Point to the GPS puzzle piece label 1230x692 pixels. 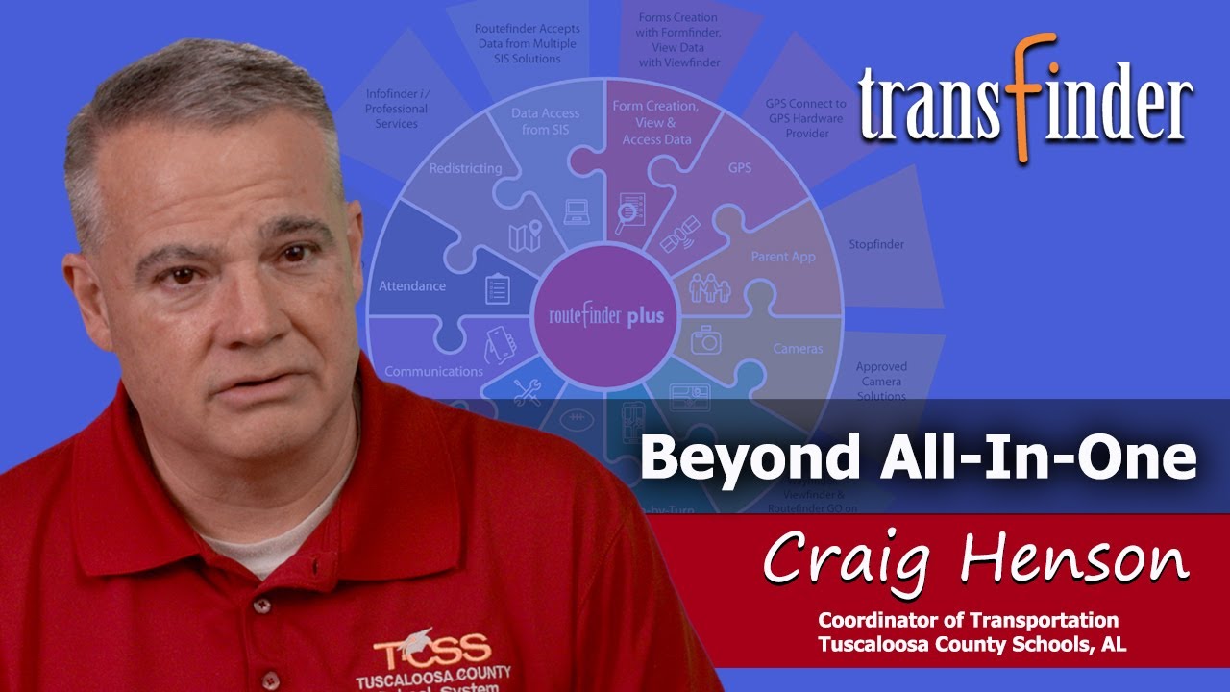(x=739, y=168)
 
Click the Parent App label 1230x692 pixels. (x=783, y=257)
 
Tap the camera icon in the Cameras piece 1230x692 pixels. (x=706, y=339)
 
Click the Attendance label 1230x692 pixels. (x=412, y=285)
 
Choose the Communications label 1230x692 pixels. (x=433, y=371)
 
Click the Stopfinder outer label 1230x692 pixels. (x=875, y=244)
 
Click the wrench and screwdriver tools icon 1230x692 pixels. (x=526, y=391)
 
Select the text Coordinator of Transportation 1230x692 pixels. (x=968, y=620)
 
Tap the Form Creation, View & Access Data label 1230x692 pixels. (x=654, y=122)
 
